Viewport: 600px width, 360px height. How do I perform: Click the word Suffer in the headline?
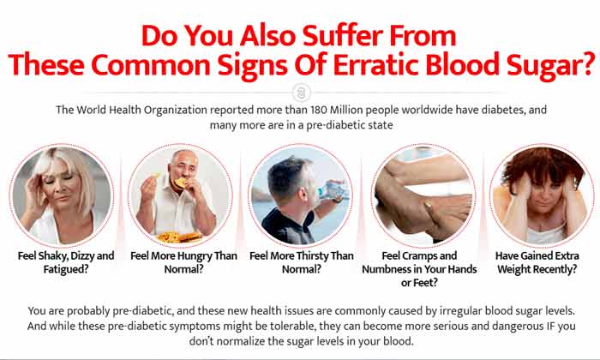[x=343, y=36]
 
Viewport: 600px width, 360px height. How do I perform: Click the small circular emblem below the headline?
[x=302, y=93]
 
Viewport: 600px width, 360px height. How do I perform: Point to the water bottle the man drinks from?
[x=332, y=190]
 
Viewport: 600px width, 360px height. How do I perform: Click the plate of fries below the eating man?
[x=179, y=237]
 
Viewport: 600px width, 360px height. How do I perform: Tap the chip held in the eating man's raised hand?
[x=155, y=176]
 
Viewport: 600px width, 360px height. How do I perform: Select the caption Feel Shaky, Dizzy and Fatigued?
[x=66, y=262]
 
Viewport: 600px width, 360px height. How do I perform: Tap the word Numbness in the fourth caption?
[x=387, y=269]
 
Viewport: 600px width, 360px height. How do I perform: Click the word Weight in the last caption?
[x=514, y=269]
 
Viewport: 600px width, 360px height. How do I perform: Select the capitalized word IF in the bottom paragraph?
[x=549, y=327]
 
